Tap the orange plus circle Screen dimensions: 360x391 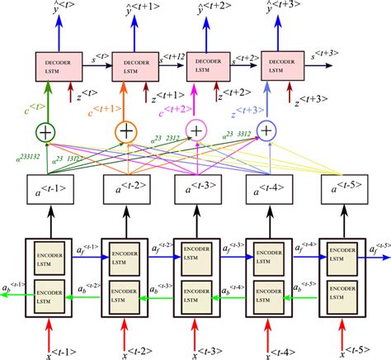(125, 130)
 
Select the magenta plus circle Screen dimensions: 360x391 (196, 130)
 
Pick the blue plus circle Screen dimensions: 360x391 (266, 130)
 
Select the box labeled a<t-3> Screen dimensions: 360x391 (195, 192)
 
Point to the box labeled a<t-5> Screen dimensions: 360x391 (344, 192)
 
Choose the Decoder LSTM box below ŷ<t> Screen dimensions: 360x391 (56, 64)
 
